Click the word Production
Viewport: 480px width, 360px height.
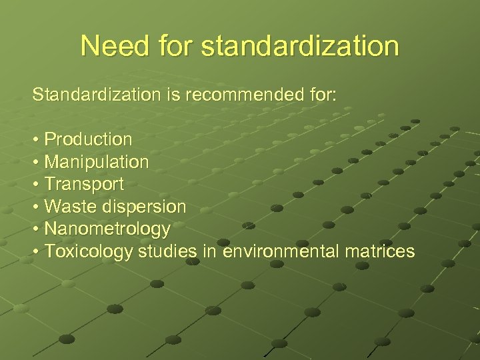[88, 139]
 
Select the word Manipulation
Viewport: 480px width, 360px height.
[96, 162]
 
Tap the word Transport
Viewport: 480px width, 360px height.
[84, 184]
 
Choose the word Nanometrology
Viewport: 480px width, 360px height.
[107, 229]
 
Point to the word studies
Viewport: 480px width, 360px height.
[167, 251]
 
